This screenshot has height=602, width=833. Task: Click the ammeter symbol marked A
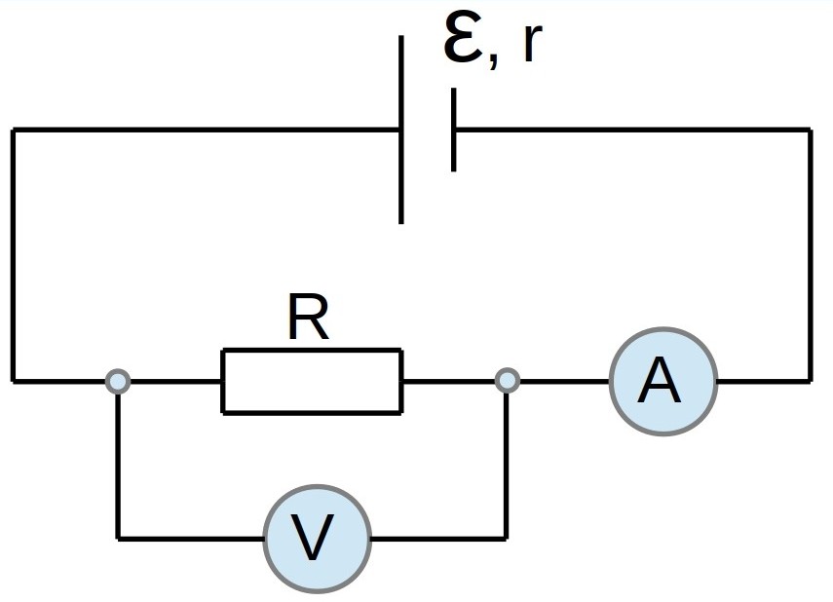tap(663, 382)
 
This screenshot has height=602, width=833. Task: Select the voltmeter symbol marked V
tap(318, 539)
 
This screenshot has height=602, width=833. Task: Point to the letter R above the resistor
tap(308, 316)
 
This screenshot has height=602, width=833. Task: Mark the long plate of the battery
tap(401, 130)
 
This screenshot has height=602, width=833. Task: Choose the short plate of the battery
tap(453, 130)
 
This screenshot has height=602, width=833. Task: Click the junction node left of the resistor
tap(118, 381)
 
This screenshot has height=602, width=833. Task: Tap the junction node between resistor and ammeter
tap(508, 381)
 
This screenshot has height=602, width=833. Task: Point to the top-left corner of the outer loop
tap(14, 130)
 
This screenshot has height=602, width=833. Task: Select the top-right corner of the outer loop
tap(811, 130)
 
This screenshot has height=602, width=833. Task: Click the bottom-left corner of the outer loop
tap(14, 381)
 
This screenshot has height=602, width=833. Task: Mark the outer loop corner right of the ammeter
tap(811, 381)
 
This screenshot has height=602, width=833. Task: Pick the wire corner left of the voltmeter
tap(118, 539)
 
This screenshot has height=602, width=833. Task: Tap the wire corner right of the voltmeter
tap(507, 539)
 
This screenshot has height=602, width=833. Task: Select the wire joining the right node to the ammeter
tap(565, 381)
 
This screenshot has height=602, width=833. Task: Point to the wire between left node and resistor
tap(175, 381)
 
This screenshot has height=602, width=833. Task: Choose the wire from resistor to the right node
tap(449, 381)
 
